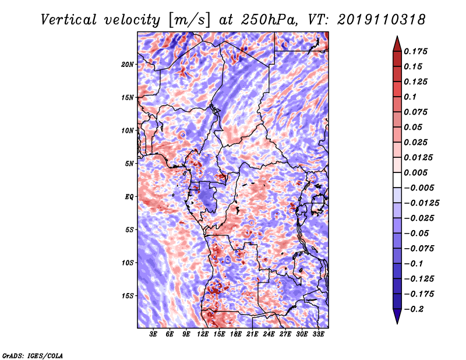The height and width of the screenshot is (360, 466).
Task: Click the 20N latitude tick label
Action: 128,65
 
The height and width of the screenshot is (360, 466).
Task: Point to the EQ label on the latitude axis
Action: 129,197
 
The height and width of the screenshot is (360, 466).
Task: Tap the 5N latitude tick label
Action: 129,164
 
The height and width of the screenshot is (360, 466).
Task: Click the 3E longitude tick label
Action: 153,334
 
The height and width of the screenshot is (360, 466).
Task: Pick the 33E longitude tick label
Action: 318,334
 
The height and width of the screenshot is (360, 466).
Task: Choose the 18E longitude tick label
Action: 236,334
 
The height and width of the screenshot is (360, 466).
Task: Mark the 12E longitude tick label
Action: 203,334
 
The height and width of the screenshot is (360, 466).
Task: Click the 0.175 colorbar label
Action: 415,51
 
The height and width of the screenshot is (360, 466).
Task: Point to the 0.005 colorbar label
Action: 415,172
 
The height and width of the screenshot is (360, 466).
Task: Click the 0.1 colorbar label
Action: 410,97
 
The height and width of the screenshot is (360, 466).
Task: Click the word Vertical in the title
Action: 69,20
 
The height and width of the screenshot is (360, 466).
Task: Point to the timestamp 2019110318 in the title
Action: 382,20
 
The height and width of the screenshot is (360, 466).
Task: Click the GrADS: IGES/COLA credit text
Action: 33,356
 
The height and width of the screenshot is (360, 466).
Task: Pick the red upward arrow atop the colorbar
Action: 397,44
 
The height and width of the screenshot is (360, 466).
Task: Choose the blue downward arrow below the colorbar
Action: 397,316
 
